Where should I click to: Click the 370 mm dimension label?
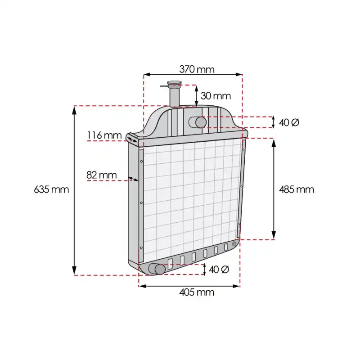[x=197, y=69]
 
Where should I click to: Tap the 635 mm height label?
[x=51, y=189]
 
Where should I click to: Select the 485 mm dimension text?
[x=297, y=189]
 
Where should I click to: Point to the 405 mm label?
[x=197, y=292]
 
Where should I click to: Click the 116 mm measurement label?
[x=104, y=135]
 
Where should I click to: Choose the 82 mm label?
[x=102, y=175]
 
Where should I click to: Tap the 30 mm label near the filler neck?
[x=216, y=96]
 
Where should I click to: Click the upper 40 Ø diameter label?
[x=289, y=122]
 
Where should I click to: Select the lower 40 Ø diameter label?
[x=219, y=269]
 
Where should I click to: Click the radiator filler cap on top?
[x=175, y=83]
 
